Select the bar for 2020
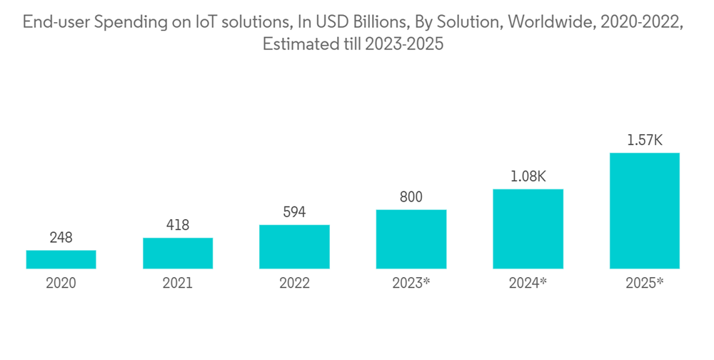point(61,259)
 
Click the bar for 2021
point(178,253)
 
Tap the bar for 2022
point(294,246)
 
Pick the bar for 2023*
point(411,239)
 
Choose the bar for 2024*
point(528,229)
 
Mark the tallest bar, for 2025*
point(644,211)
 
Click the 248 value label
point(61,238)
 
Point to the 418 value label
point(178,225)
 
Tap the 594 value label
point(294,212)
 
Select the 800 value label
point(411,197)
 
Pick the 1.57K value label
point(644,140)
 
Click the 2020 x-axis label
point(61,283)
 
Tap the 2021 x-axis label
point(178,283)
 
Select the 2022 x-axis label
point(294,283)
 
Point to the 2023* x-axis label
point(411,283)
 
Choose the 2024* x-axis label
point(528,283)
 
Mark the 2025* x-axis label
point(644,283)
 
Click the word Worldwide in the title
point(549,23)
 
